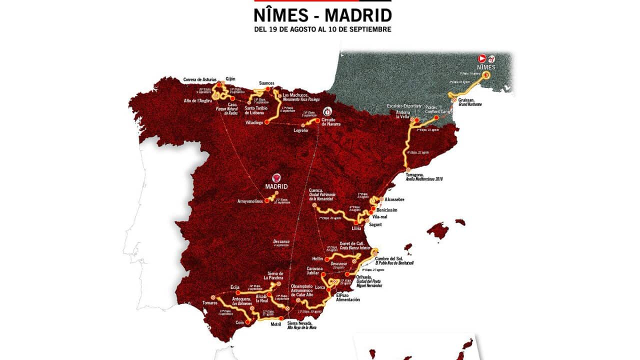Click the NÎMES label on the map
tap(486, 67)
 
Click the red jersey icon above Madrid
tap(276, 177)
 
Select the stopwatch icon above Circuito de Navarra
tap(327, 111)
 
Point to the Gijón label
tap(230, 78)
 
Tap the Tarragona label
tap(417, 175)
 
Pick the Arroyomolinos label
tap(250, 201)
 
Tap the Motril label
tap(276, 324)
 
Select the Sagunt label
tap(374, 224)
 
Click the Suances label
tap(267, 83)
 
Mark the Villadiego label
tap(255, 122)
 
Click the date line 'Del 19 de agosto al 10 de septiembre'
tap(322, 29)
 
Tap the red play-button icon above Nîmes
tap(482, 58)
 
